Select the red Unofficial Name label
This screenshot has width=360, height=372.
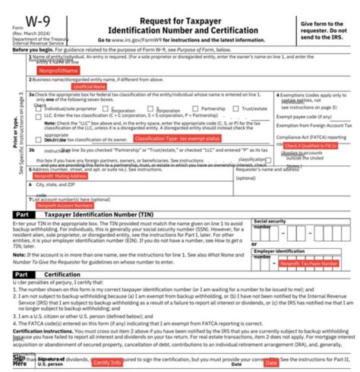coord(89,86)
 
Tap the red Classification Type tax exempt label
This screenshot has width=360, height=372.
coord(177,138)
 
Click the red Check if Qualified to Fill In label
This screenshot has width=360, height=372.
coord(310,145)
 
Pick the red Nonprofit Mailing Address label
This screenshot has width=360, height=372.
coord(60,176)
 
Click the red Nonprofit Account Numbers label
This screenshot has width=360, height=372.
coord(64,205)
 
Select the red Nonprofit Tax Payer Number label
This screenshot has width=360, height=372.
coord(308,263)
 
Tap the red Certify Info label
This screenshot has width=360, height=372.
coord(107,362)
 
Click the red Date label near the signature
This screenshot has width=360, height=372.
coord(271,362)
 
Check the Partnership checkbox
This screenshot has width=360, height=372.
coord(195,108)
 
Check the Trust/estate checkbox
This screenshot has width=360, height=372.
coord(236,108)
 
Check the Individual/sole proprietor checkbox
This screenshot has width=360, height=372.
coord(39,108)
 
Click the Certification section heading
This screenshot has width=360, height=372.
coord(62,274)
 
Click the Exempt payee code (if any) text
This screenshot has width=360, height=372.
coord(303,116)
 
